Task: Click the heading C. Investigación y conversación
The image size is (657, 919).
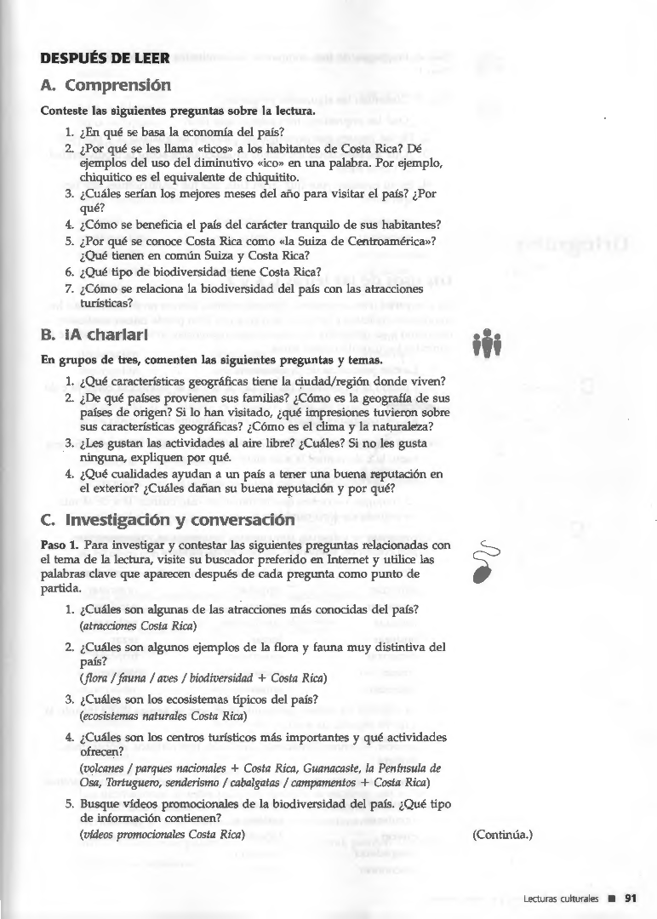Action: [x=168, y=519]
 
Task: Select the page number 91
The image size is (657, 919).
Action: [x=631, y=897]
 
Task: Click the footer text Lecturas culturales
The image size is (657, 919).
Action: [x=563, y=897]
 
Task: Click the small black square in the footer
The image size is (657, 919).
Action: [x=611, y=897]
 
